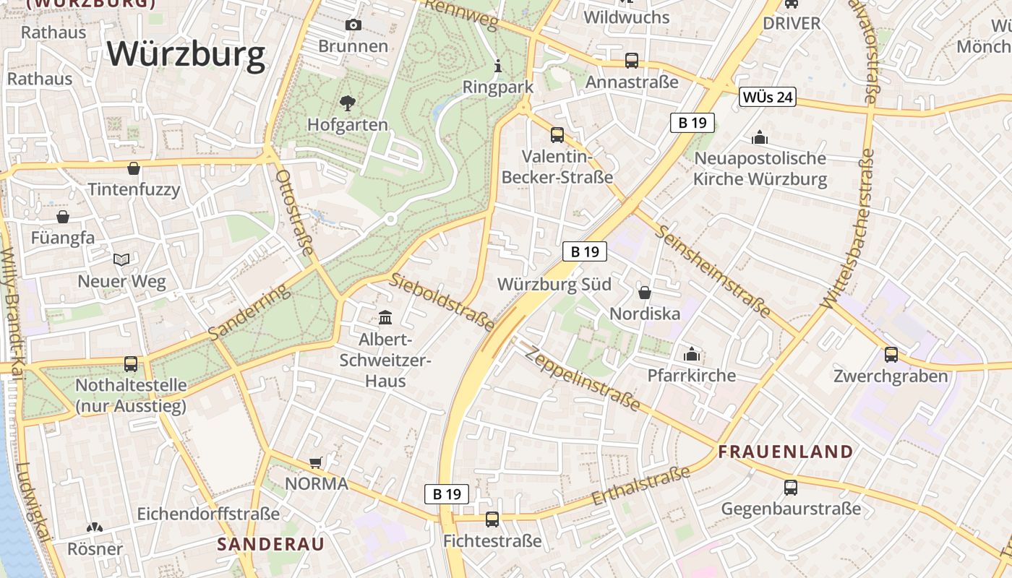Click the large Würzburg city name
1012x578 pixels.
tap(186, 54)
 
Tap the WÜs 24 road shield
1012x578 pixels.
tap(767, 97)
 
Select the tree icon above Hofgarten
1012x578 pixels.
tap(348, 103)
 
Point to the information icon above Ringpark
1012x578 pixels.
tap(497, 66)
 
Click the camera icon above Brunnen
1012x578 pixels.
tap(353, 25)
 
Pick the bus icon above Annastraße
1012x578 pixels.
tap(632, 61)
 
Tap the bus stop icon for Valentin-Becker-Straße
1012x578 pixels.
tap(557, 135)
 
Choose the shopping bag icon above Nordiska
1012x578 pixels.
tap(645, 293)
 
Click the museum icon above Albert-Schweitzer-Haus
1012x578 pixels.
tap(385, 318)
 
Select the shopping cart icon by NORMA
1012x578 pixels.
tap(315, 462)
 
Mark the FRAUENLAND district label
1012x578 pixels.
tap(786, 452)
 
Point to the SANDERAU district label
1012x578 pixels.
tap(271, 544)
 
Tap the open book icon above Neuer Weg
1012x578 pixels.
tap(121, 259)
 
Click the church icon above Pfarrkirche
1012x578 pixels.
tap(692, 354)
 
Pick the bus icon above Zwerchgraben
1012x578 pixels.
tap(891, 355)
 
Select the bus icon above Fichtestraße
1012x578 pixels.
tap(492, 519)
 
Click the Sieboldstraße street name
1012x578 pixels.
tap(442, 302)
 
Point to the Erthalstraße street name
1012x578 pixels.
tap(640, 486)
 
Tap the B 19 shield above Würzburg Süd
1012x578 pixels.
tap(584, 251)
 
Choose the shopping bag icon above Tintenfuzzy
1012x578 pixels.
tap(134, 168)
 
